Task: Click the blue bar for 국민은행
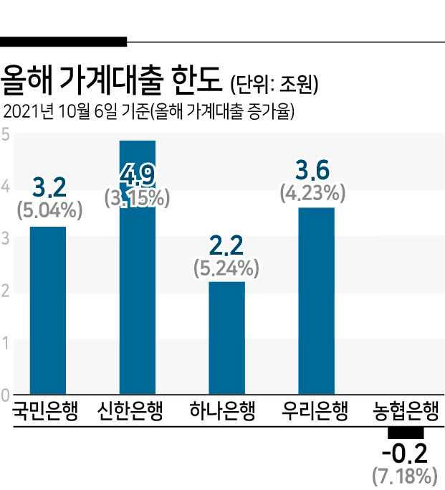pyautogui.click(x=48, y=310)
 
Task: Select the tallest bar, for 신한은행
pyautogui.click(x=138, y=267)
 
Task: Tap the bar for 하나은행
pyautogui.click(x=226, y=338)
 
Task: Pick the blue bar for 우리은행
pyautogui.click(x=316, y=301)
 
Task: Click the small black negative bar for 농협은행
pyautogui.click(x=406, y=433)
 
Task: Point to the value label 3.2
pyautogui.click(x=49, y=187)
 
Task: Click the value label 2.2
pyautogui.click(x=226, y=245)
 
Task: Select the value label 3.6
pyautogui.click(x=312, y=170)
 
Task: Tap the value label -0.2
pyautogui.click(x=404, y=453)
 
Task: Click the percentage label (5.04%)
pyautogui.click(x=49, y=210)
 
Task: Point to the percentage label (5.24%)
pyautogui.click(x=226, y=268)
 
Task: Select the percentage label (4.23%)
pyautogui.click(x=312, y=193)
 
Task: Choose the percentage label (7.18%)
pyautogui.click(x=405, y=476)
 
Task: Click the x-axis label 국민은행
pyautogui.click(x=44, y=410)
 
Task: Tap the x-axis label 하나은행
pyautogui.click(x=222, y=410)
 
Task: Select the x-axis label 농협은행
pyautogui.click(x=406, y=410)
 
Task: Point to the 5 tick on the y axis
pyautogui.click(x=5, y=135)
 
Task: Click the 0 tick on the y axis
pyautogui.click(x=5, y=395)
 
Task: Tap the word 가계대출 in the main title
pyautogui.click(x=111, y=80)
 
